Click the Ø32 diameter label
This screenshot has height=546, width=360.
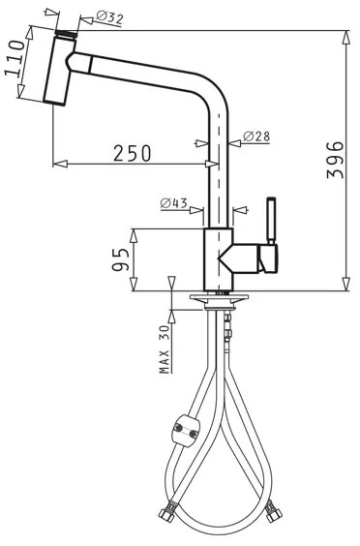coord(109,17)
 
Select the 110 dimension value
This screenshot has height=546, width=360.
coord(15,58)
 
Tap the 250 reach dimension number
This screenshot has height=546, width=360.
coord(133,154)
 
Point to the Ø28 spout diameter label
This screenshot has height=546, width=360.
coord(256,136)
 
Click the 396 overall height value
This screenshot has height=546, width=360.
coord(336,160)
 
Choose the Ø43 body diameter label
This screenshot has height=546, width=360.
coord(174,203)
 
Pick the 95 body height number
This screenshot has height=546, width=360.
coord(121,259)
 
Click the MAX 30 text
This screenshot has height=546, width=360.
coord(165,349)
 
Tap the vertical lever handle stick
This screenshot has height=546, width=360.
coord(271,221)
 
